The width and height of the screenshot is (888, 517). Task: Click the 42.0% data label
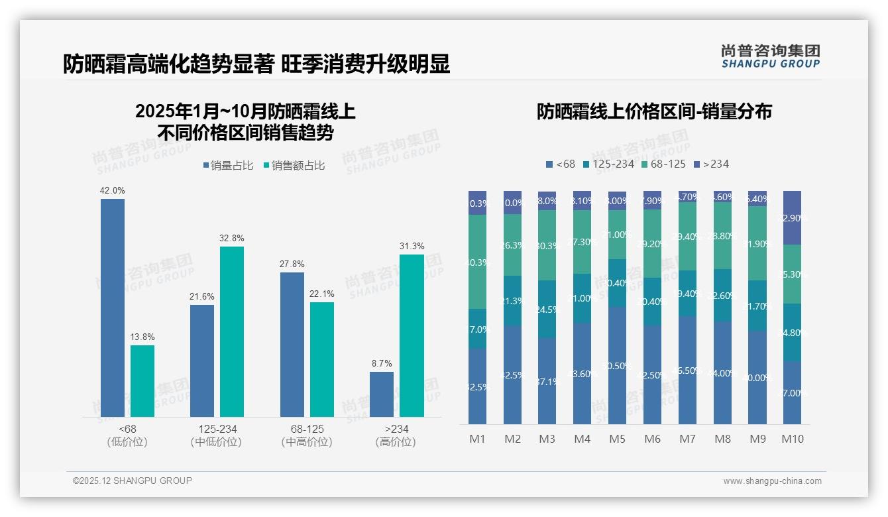point(112,191)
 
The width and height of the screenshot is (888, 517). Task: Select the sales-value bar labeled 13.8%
point(142,380)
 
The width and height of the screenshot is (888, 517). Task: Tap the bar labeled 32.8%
point(232,331)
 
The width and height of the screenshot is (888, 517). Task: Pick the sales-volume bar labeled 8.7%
point(382,394)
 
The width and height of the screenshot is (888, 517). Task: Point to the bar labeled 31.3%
point(412,335)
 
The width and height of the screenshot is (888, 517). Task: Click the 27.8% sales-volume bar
point(292,344)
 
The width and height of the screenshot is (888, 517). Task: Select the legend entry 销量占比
point(228,166)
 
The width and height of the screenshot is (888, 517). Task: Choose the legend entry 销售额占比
point(294,166)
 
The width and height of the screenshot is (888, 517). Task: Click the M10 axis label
point(792,439)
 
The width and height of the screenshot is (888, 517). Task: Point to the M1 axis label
point(477,439)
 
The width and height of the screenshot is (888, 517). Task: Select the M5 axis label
point(617,439)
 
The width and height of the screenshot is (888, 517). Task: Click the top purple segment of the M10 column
point(792,217)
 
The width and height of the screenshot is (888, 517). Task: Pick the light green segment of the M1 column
point(477,262)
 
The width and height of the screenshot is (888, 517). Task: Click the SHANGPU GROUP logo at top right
point(770,56)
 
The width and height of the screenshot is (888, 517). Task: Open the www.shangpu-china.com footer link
point(772,481)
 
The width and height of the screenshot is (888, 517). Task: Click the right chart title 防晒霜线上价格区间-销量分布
point(654,111)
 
